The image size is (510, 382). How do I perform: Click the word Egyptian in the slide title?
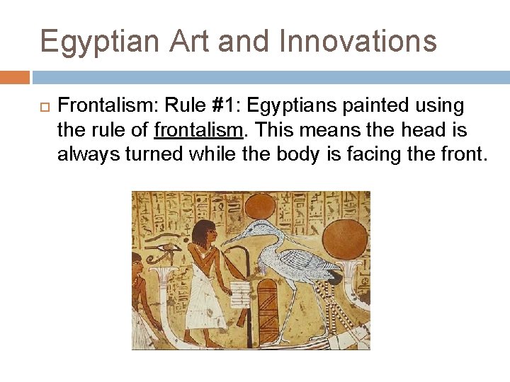pyautogui.click(x=99, y=42)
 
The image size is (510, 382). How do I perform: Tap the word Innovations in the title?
pyautogui.click(x=358, y=42)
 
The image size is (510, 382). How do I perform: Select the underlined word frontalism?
pyautogui.click(x=198, y=130)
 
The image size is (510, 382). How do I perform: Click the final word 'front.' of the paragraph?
pyautogui.click(x=463, y=154)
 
